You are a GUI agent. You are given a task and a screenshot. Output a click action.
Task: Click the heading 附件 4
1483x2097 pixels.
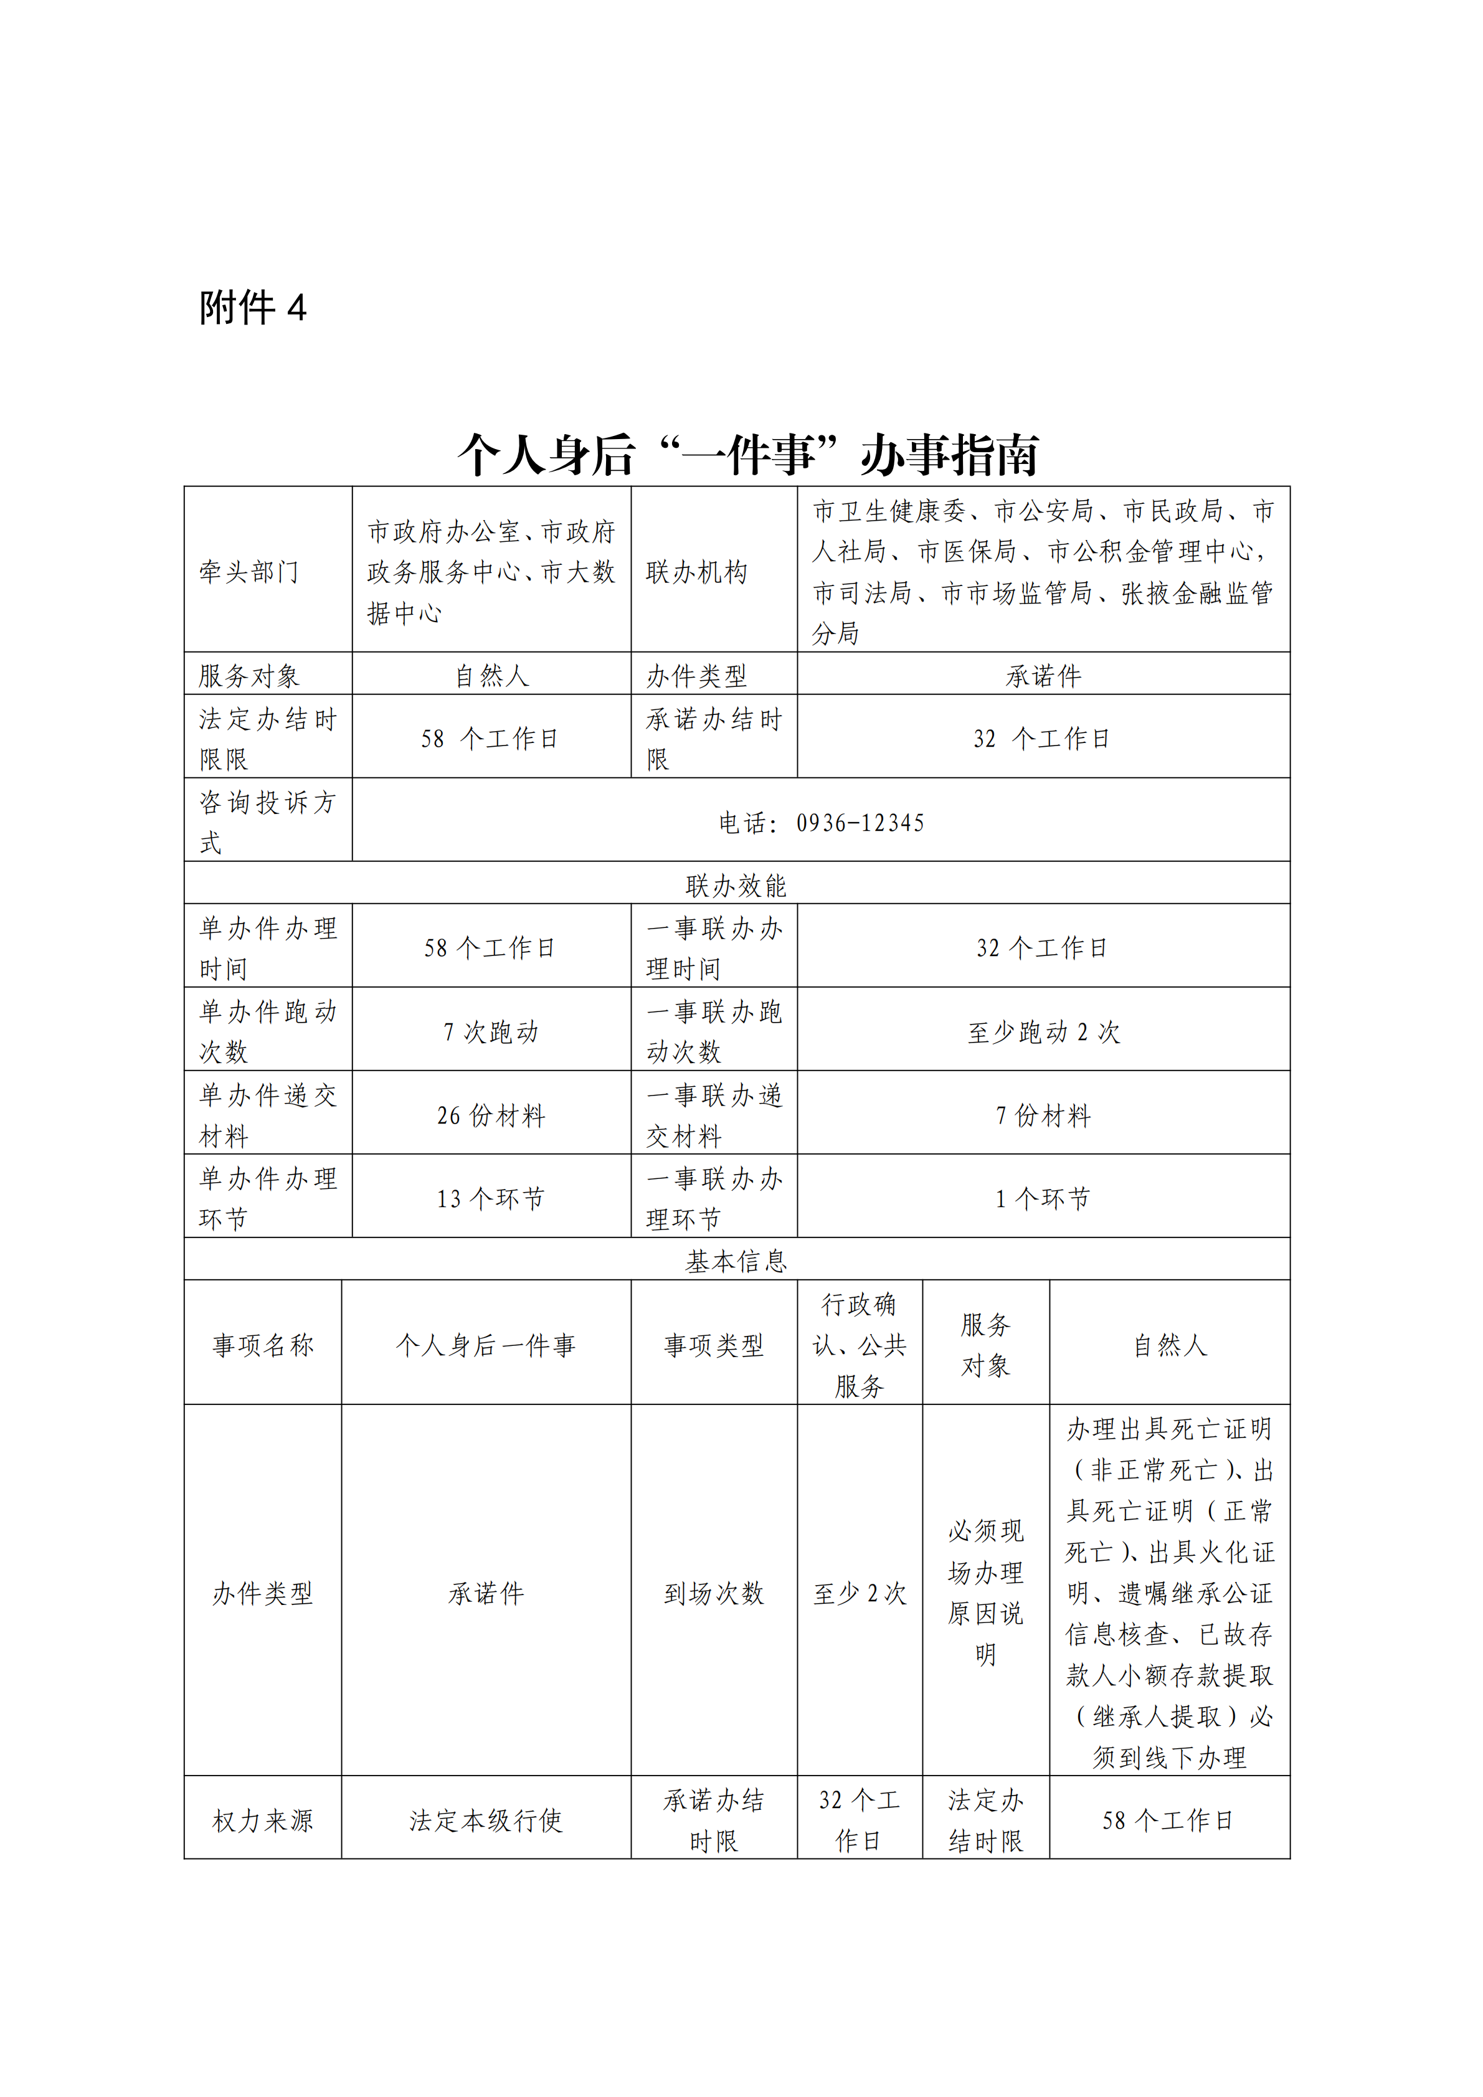(253, 308)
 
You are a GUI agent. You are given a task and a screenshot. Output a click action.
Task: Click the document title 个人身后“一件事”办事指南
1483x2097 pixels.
(748, 454)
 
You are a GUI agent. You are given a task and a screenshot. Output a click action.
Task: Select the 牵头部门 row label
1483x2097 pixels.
(249, 572)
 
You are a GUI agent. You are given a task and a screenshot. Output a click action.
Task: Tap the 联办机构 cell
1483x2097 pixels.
(697, 572)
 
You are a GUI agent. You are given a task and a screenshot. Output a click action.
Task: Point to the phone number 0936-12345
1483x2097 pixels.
(860, 823)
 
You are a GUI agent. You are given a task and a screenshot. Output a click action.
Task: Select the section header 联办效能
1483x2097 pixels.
(736, 884)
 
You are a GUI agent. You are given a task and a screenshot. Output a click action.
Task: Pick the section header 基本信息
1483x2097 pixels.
(736, 1261)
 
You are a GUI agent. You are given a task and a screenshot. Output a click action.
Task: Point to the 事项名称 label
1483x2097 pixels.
(263, 1345)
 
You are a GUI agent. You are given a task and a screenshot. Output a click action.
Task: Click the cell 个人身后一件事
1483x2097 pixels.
(486, 1345)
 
